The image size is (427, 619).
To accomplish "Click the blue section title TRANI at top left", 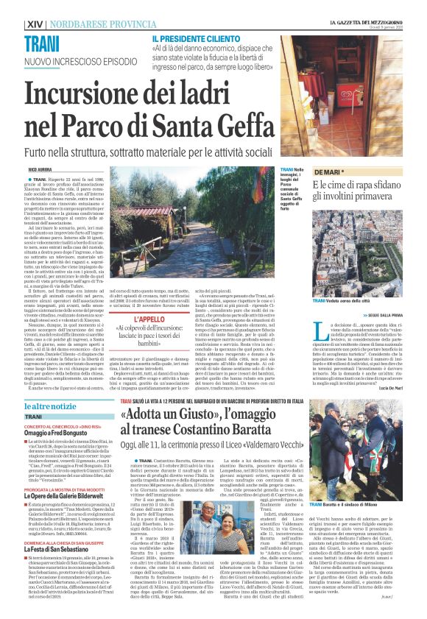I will coord(42,43).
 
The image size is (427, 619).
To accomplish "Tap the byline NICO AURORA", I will coord(38,170).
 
